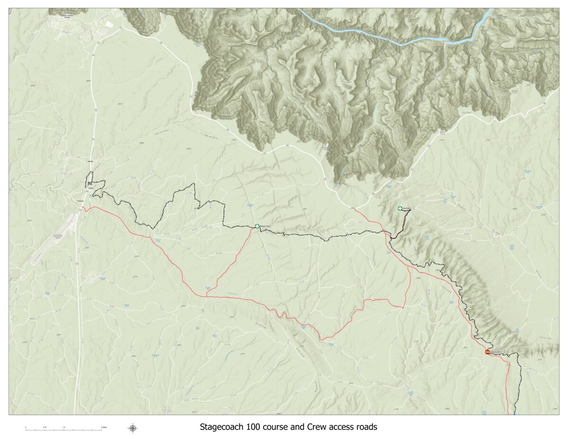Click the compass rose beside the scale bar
point(133,428)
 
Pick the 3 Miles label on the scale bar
point(104,427)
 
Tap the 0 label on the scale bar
point(26,427)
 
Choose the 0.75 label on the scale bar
point(45,427)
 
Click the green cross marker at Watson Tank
point(257,227)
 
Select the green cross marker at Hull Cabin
point(400,209)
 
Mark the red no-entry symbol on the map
point(487,352)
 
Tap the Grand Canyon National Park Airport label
point(59,236)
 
